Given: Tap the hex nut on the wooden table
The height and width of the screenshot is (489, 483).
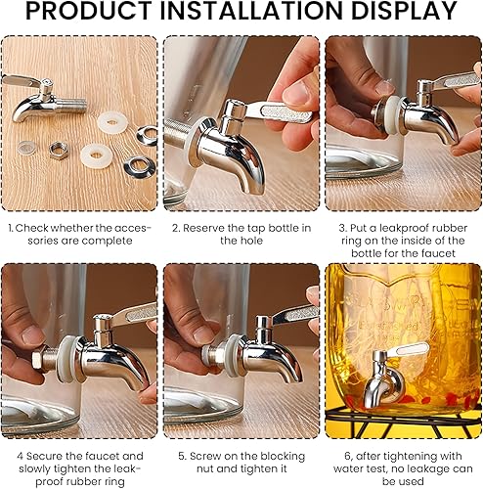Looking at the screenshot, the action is tap(59, 151).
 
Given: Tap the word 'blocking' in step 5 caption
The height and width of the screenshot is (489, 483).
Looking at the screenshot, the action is tap(283, 457).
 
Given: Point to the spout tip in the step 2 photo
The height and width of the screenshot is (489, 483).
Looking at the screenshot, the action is tap(252, 191).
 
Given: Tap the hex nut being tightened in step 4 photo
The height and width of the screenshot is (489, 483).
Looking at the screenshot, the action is tap(37, 357).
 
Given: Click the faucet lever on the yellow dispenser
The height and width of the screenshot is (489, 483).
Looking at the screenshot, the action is tap(408, 349).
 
